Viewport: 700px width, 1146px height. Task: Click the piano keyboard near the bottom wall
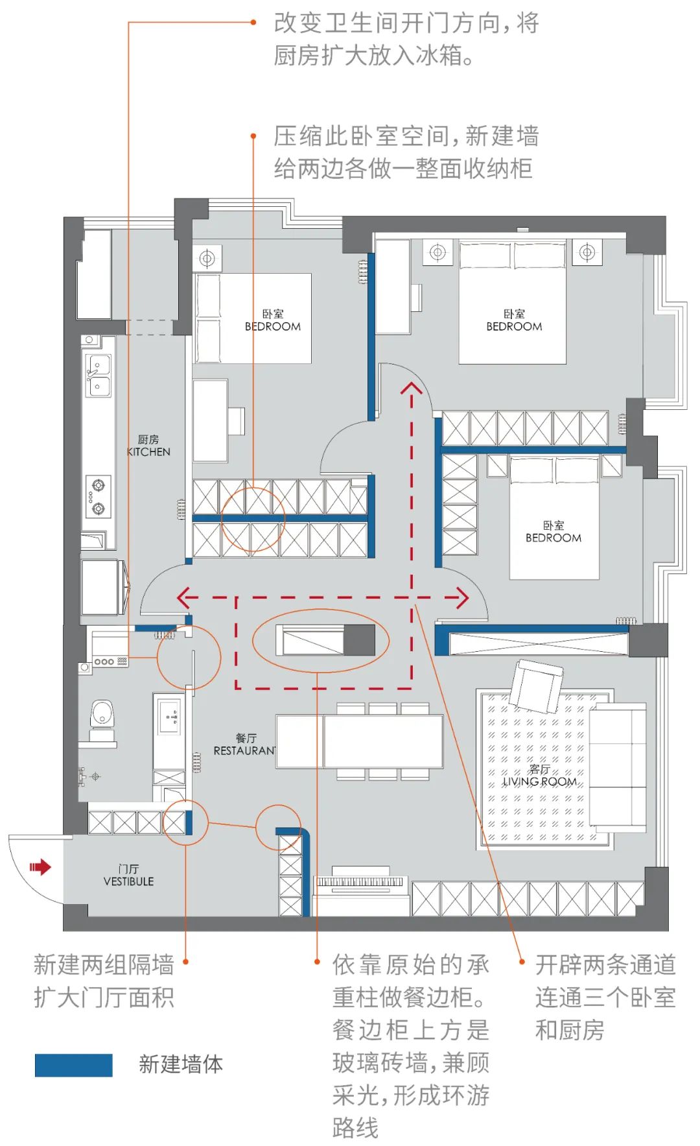[x=360, y=881]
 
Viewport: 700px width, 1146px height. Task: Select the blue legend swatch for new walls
[x=73, y=1065]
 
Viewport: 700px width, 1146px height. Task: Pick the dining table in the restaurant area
[x=360, y=741]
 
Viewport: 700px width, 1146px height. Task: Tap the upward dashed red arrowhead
[x=411, y=389]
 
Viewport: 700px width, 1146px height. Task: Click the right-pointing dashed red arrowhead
[x=461, y=598]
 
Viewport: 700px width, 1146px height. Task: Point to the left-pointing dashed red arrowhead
[x=184, y=598]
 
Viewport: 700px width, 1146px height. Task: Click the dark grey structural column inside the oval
[x=359, y=640]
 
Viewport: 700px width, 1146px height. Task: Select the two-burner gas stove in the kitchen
[x=98, y=496]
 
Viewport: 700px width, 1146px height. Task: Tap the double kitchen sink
[x=98, y=376]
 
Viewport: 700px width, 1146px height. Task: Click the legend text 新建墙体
[x=181, y=1064]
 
